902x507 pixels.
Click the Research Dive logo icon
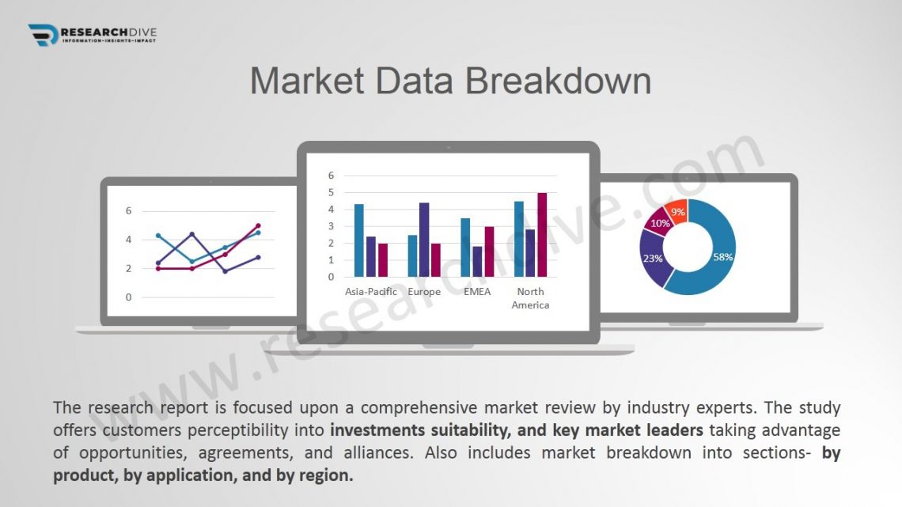[44, 35]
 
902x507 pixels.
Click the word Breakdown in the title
[558, 81]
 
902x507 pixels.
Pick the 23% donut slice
[652, 259]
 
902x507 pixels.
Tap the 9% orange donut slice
[677, 211]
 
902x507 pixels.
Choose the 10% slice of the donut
[658, 221]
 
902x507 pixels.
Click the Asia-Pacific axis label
[371, 291]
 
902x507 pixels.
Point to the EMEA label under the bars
[477, 291]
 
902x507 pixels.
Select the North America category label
[530, 298]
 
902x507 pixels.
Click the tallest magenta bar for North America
[542, 235]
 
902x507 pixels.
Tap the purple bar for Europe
[424, 240]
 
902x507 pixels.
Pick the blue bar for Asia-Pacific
[359, 240]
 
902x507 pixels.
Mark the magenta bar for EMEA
[489, 252]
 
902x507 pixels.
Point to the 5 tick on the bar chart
[331, 192]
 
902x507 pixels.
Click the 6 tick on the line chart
[128, 211]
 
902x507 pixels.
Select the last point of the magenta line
[258, 226]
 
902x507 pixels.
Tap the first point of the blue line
[159, 235]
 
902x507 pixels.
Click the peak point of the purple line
[192, 234]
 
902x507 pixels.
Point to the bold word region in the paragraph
[326, 475]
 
